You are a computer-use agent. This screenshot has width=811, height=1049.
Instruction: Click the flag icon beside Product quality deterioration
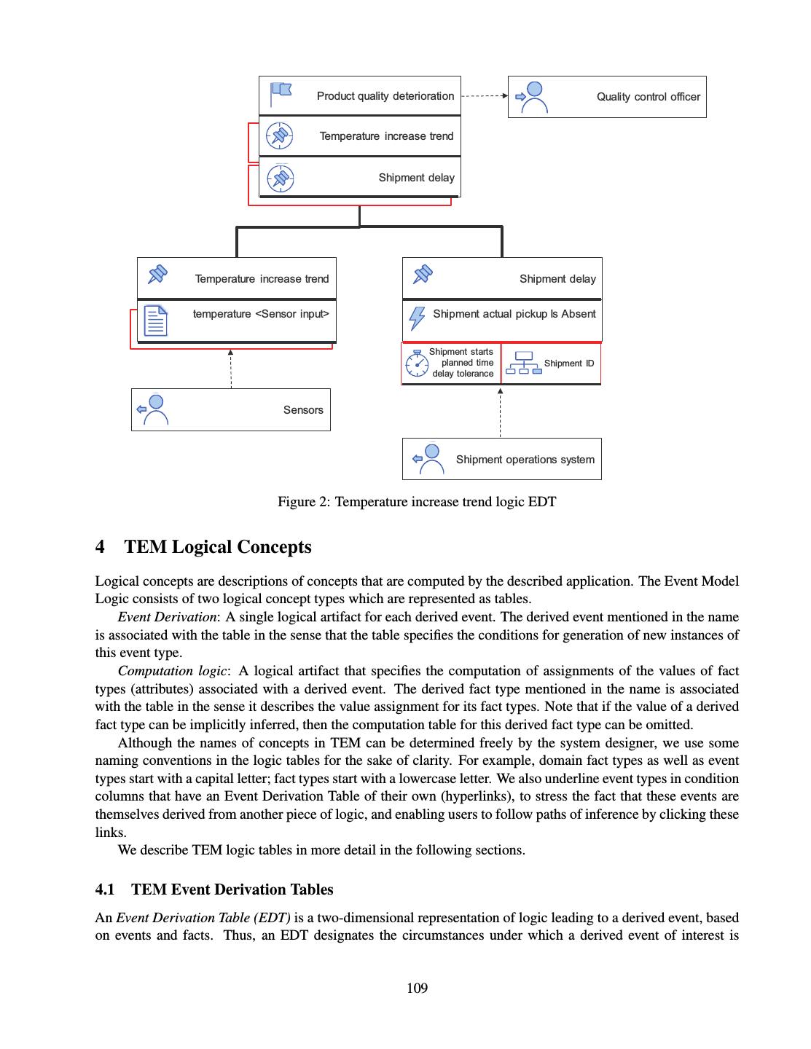tap(281, 93)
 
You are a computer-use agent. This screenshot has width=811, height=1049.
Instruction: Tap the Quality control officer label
tap(648, 97)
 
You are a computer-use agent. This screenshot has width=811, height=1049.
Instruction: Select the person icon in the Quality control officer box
tap(533, 97)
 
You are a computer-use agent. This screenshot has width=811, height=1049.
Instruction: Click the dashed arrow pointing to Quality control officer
tap(485, 95)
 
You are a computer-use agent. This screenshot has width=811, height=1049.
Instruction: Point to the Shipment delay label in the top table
tap(416, 178)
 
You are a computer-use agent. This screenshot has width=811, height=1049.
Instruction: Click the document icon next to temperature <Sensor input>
tap(156, 321)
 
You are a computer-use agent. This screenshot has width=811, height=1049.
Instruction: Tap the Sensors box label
tap(303, 410)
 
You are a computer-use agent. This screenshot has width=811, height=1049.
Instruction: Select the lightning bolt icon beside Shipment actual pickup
tap(417, 318)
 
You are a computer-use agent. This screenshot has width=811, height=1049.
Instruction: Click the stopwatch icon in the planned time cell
tap(417, 364)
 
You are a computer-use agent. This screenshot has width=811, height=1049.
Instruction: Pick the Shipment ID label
tap(568, 364)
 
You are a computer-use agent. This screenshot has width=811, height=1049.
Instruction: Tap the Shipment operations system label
tap(525, 460)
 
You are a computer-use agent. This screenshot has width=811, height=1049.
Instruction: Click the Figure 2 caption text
tap(417, 502)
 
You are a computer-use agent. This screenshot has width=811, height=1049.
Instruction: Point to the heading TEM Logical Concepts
tap(218, 547)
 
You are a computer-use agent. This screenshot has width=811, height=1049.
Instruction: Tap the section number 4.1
tap(105, 889)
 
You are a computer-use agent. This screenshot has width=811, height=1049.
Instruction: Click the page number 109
tap(417, 989)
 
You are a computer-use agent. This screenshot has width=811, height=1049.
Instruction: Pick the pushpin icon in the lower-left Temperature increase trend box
tap(157, 275)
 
